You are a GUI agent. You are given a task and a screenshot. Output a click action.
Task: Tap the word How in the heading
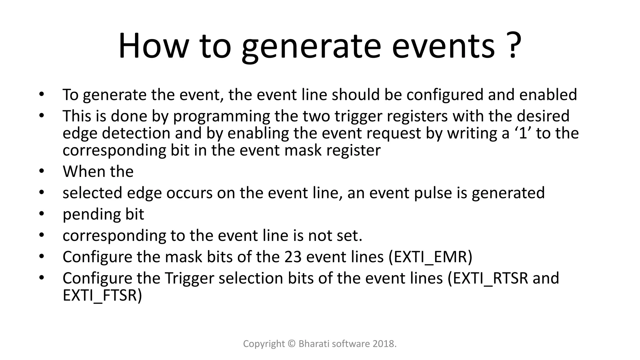pos(153,46)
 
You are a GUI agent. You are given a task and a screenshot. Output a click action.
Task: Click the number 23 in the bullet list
pos(293,257)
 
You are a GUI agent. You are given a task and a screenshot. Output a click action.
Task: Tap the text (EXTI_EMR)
pos(430,257)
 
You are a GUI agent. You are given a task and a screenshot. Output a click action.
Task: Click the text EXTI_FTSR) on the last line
pos(102,295)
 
